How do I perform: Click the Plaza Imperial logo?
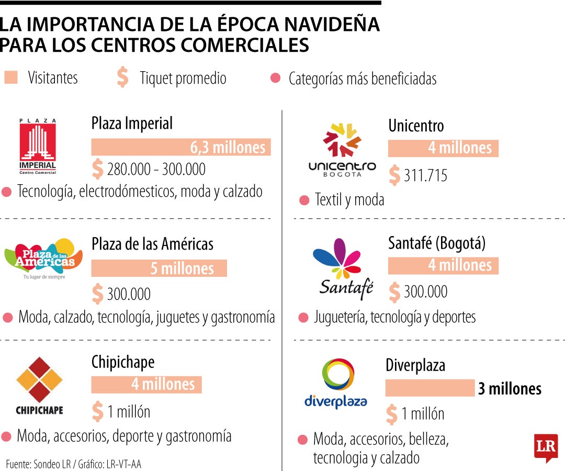pos(38,147)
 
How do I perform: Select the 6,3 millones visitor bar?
pos(181,147)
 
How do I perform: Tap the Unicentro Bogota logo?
pos(342,150)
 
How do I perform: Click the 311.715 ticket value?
pos(425,175)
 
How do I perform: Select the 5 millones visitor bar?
pos(159,268)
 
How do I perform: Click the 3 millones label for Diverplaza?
pos(509,389)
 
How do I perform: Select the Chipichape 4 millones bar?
pos(146,385)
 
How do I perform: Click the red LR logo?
pos(545,447)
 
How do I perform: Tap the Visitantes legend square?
pos(10,77)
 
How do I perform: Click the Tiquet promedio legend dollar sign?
pos(122,77)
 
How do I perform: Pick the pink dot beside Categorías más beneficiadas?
pos(275,78)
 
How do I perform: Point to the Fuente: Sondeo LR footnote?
pos(74,464)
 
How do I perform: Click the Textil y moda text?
pos(349,199)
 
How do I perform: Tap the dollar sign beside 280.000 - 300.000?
pos(97,169)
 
